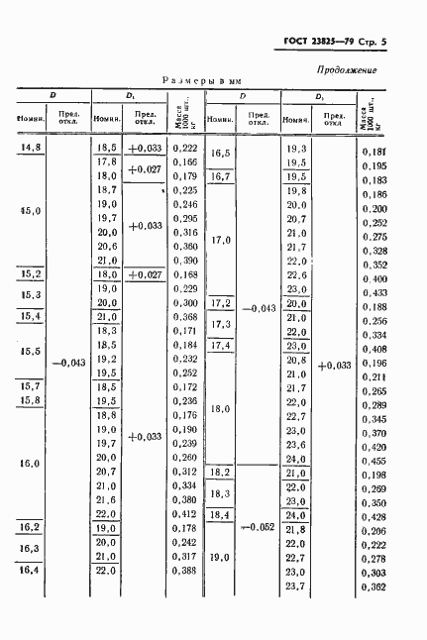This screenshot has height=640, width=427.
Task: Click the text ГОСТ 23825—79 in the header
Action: pyautogui.click(x=312, y=42)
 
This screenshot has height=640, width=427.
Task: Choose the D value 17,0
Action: pyautogui.click(x=221, y=240)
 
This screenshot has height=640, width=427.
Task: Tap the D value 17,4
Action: pyautogui.click(x=221, y=345)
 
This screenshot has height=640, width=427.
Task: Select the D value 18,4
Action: pyautogui.click(x=221, y=516)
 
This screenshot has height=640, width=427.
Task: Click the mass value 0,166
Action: pyautogui.click(x=185, y=161)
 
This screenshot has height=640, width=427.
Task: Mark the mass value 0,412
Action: pyautogui.click(x=185, y=515)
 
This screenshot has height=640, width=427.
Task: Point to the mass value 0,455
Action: pyautogui.click(x=401, y=462)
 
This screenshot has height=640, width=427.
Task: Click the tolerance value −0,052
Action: pyautogui.click(x=260, y=527)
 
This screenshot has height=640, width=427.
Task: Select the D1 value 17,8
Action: pyautogui.click(x=107, y=161)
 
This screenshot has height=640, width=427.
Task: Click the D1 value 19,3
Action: pyautogui.click(x=295, y=149)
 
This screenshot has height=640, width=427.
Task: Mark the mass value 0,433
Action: pyautogui.click(x=401, y=294)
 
